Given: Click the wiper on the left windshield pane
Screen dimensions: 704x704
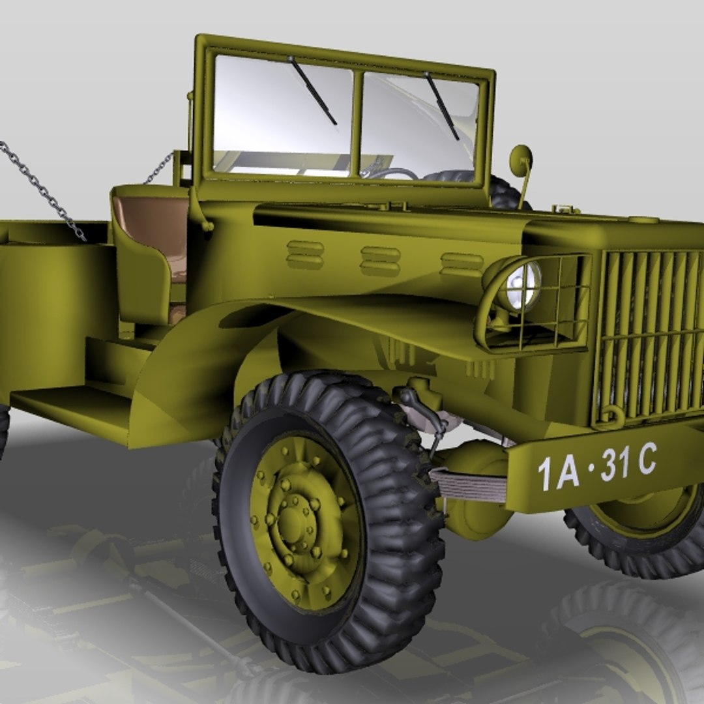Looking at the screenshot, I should point(314,91).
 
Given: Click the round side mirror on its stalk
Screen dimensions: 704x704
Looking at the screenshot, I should point(521,160).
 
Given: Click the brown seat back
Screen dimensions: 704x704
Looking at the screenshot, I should point(151,222).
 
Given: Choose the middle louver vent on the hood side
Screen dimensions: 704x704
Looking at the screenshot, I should point(381,261).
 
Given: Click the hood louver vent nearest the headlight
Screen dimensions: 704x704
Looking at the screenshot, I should point(462,264).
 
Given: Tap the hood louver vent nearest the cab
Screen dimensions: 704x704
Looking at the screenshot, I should point(304,254).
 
